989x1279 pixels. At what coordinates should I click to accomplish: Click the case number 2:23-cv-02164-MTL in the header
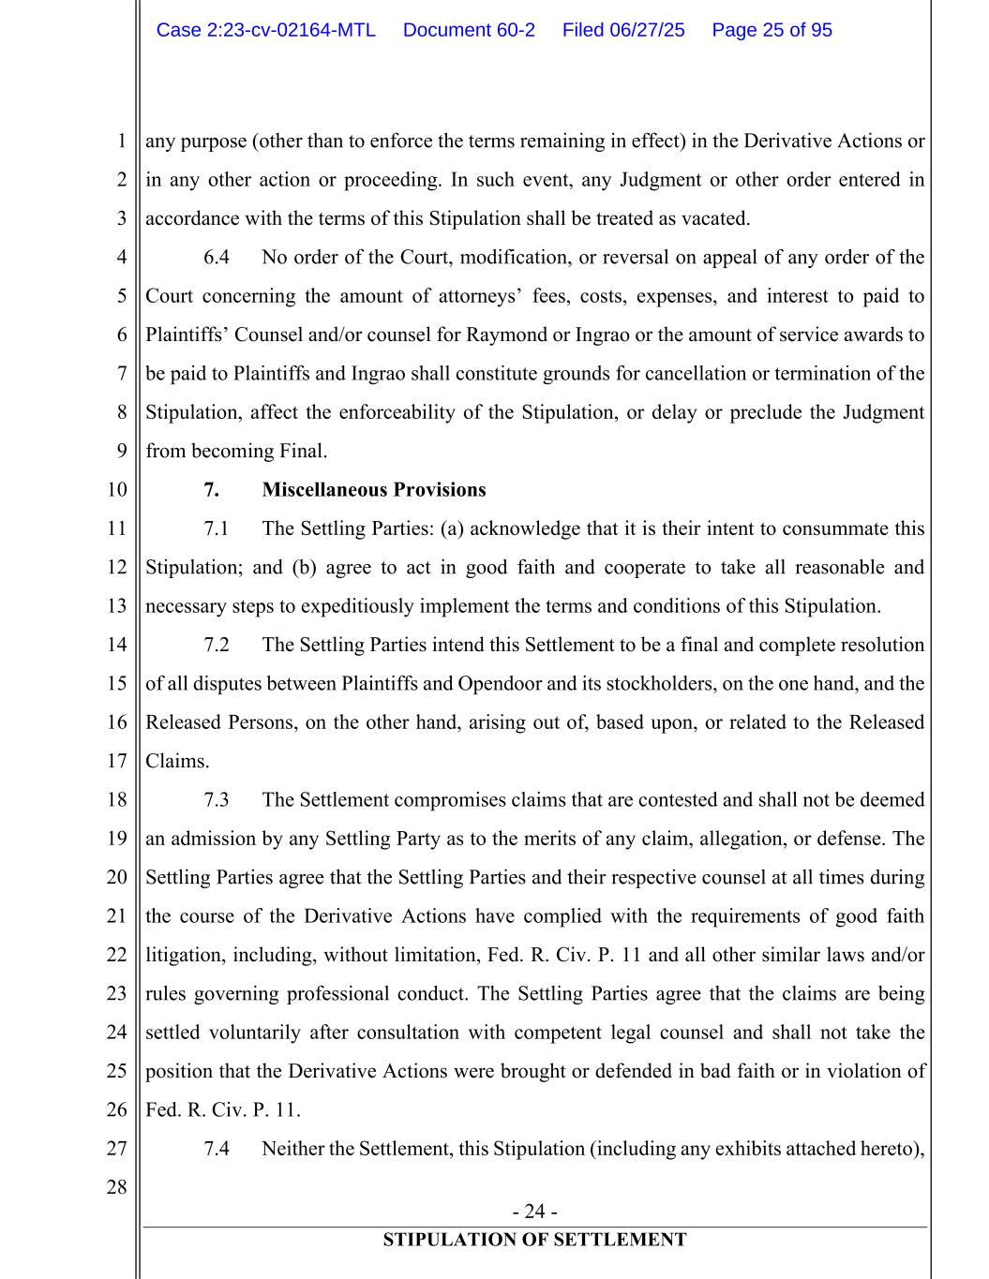click(266, 30)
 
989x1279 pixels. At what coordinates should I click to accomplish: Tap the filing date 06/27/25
click(647, 30)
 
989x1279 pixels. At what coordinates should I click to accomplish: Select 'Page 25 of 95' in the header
click(772, 30)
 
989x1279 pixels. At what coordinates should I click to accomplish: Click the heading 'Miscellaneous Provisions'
click(374, 490)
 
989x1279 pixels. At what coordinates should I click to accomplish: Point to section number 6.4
click(217, 258)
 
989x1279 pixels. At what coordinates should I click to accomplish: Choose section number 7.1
click(217, 528)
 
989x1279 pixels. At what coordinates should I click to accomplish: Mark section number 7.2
click(217, 645)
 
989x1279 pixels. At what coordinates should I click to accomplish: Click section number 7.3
click(217, 800)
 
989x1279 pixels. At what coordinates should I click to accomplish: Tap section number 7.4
click(217, 1149)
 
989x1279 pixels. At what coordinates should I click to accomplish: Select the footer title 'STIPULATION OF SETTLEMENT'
click(534, 1241)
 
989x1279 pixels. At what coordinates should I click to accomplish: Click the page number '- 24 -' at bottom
click(534, 1212)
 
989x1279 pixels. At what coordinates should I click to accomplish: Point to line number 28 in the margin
click(116, 1188)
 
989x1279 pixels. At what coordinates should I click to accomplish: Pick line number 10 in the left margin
click(116, 490)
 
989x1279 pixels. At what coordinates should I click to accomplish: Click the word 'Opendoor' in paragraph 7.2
click(500, 684)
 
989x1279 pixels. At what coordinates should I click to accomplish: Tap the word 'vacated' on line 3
click(718, 219)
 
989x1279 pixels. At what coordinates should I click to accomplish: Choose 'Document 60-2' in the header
click(469, 30)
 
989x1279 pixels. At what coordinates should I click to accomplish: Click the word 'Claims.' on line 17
click(177, 762)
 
